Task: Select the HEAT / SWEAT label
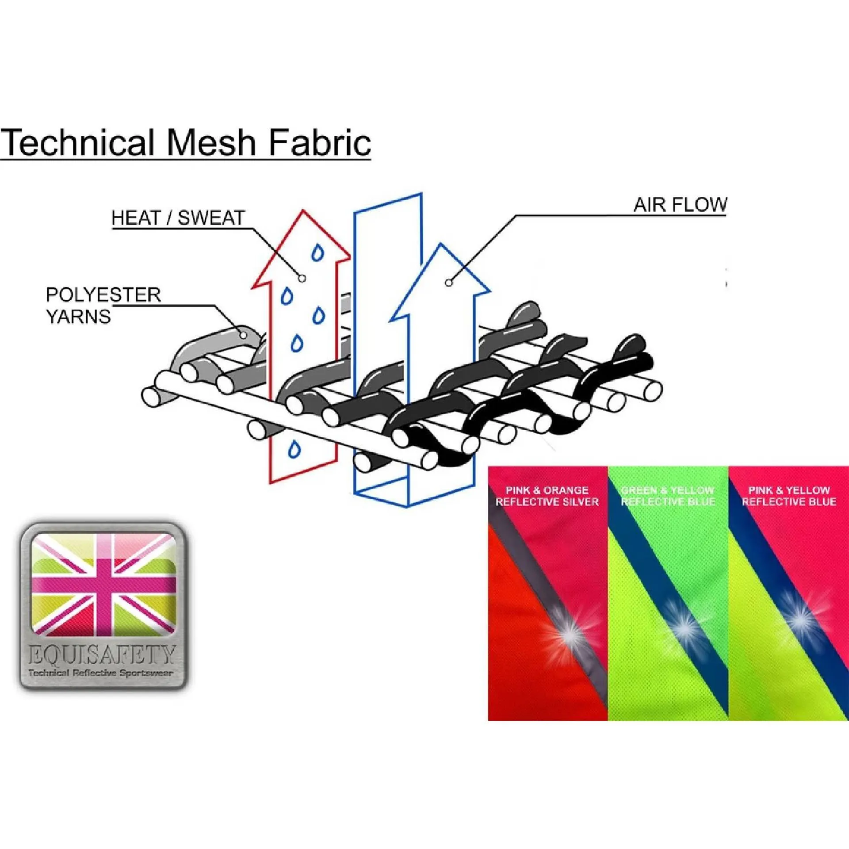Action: [178, 218]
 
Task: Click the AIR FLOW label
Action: [680, 205]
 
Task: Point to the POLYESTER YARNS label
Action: [103, 306]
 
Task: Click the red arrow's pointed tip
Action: [303, 212]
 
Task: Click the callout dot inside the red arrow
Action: [302, 278]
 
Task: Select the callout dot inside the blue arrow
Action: [449, 283]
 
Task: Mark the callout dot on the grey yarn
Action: [243, 335]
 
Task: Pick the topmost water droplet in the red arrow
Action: [317, 253]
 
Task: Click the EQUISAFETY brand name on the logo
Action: [101, 655]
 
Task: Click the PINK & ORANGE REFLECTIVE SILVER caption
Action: [547, 496]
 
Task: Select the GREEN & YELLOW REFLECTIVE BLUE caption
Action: [668, 496]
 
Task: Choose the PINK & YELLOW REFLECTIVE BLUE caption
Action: [789, 496]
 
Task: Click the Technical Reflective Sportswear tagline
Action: [100, 673]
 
